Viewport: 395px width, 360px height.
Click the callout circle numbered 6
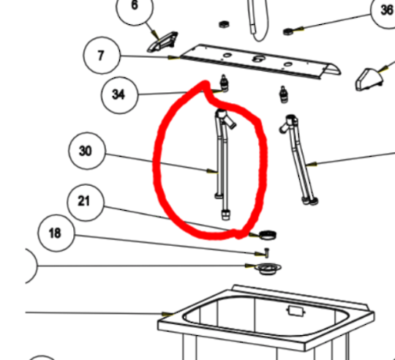coord(135,7)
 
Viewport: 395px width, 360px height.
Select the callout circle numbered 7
coord(102,55)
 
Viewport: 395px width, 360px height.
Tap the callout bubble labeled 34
coord(120,95)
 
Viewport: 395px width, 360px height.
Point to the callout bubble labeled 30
coord(87,151)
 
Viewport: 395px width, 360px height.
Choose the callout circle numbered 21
coord(86,203)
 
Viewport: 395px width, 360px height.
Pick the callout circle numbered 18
coord(56,233)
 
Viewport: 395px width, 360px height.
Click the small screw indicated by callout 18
coord(267,252)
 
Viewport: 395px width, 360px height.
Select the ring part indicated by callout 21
coord(268,235)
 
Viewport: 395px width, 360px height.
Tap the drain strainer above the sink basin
coord(268,269)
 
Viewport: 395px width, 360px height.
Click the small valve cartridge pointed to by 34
coord(224,83)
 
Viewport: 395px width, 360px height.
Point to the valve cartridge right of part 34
coord(284,94)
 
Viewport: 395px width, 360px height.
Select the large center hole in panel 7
coord(257,59)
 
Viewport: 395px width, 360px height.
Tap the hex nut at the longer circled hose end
coord(226,215)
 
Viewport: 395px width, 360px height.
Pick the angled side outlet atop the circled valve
coord(230,122)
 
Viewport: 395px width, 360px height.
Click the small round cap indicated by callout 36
coord(287,31)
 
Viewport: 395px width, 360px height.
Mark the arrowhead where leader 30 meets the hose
coord(212,171)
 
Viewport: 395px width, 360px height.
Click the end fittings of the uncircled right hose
coord(310,201)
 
